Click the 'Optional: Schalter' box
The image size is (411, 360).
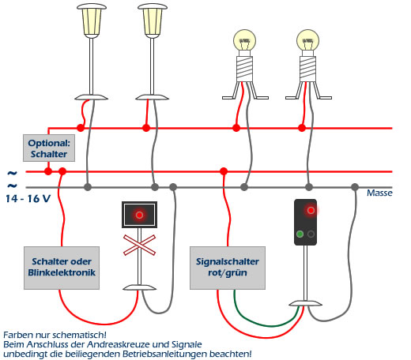click(49, 148)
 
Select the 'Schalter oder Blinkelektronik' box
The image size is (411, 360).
click(62, 268)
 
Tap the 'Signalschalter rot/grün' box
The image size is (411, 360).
click(228, 268)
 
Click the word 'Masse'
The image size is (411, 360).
click(379, 193)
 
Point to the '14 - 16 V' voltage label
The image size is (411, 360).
click(28, 199)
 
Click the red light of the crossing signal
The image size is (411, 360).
click(139, 215)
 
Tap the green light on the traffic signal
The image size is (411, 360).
click(300, 234)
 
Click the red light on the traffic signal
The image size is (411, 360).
click(311, 210)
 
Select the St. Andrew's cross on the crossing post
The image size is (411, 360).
click(139, 246)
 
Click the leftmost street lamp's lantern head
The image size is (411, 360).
click(92, 21)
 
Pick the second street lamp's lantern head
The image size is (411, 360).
click(153, 21)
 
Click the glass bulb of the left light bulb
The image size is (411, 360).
click(245, 41)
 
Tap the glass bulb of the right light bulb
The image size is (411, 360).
click(307, 41)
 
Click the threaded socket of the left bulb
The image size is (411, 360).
click(245, 69)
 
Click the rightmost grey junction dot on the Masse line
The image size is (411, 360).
click(355, 187)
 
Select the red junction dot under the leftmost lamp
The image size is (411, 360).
click(81, 128)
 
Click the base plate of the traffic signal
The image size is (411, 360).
click(305, 303)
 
